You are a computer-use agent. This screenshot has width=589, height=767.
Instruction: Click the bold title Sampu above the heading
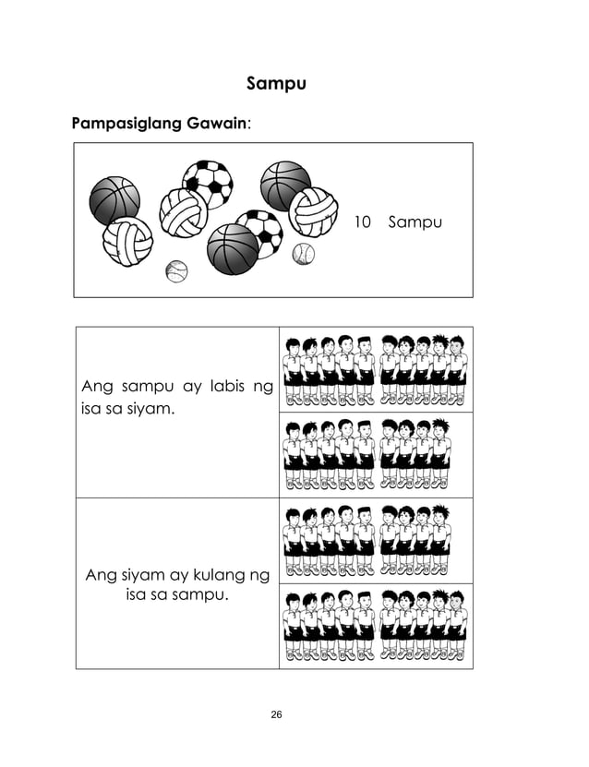(x=277, y=84)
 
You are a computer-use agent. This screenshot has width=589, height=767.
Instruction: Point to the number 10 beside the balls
(x=362, y=222)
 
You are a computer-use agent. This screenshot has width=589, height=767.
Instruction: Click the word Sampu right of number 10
(x=415, y=222)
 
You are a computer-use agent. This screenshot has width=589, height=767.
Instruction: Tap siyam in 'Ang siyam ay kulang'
(x=150, y=576)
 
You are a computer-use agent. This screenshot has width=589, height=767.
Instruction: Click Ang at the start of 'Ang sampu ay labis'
(x=98, y=386)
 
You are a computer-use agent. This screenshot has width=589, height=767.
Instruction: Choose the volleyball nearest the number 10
(x=314, y=211)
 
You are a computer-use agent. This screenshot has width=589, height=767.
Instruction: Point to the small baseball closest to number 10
(x=303, y=254)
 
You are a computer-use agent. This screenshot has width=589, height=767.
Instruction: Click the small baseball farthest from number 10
(x=176, y=271)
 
